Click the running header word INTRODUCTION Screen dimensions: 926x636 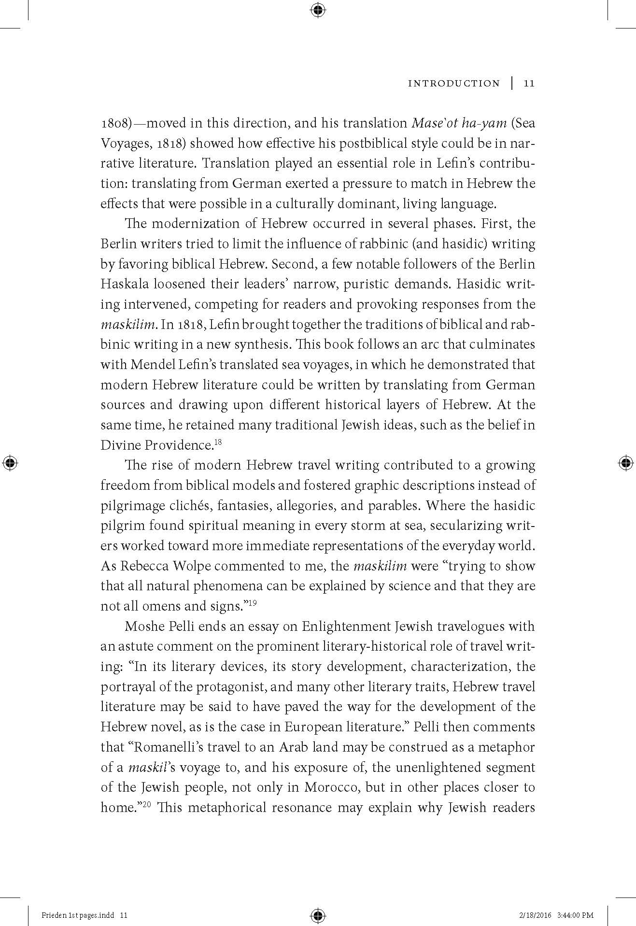click(453, 84)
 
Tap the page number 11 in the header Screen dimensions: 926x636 click(529, 84)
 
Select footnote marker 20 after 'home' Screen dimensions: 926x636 click(148, 804)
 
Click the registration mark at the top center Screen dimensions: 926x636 click(318, 10)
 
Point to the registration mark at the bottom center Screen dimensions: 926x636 click(318, 915)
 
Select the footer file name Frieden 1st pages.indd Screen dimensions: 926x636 click(78, 915)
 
